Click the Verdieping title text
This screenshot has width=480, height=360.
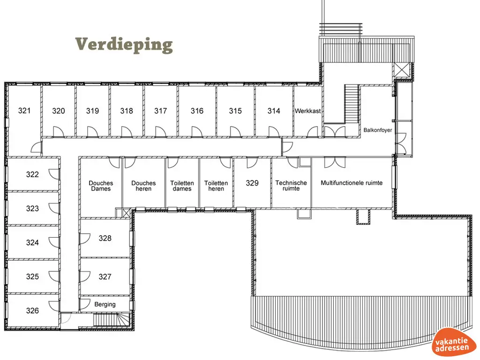click(124, 45)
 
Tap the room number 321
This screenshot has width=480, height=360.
click(25, 111)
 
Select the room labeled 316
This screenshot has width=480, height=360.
click(197, 111)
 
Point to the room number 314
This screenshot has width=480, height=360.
click(274, 111)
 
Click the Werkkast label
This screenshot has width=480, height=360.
click(308, 111)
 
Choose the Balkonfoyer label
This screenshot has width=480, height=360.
click(377, 130)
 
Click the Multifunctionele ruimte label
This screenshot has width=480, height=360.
click(352, 183)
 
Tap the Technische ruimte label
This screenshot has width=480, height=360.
click(291, 186)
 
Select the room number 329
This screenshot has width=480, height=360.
click(252, 183)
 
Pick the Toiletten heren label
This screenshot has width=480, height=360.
click(216, 186)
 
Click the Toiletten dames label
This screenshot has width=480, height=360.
click(182, 186)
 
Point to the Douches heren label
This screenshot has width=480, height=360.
click(143, 186)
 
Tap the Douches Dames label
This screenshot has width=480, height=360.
click(101, 186)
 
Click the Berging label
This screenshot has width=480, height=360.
click(105, 304)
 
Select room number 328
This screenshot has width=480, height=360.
click(105, 238)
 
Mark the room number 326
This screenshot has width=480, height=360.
click(32, 310)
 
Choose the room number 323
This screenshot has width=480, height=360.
click(32, 209)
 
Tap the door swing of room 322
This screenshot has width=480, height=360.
click(55, 174)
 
